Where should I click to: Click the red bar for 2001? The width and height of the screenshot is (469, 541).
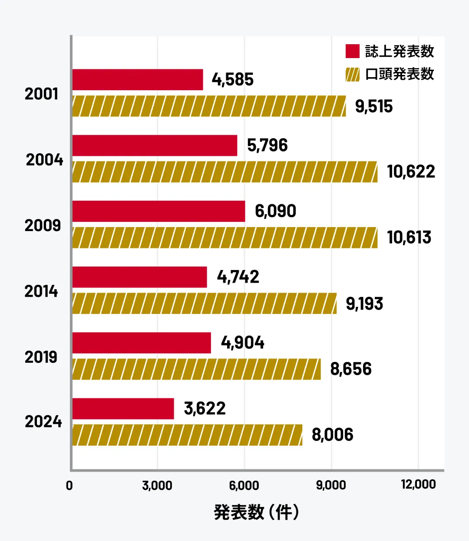(x=138, y=80)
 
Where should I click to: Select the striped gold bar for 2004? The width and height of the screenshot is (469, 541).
(x=225, y=172)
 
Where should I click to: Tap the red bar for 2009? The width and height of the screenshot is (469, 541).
(x=159, y=211)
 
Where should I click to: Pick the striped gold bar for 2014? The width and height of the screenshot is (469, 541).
(x=204, y=303)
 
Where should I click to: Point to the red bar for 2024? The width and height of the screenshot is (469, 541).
(x=123, y=409)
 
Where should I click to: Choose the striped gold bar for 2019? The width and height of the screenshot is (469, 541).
(x=196, y=369)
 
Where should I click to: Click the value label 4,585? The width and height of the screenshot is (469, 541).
(x=233, y=80)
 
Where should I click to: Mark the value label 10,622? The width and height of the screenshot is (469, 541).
(x=411, y=172)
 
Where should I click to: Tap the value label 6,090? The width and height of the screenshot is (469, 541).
(x=275, y=211)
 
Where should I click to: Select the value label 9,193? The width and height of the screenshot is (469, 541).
(x=364, y=303)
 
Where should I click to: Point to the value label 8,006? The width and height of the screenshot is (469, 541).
(x=333, y=435)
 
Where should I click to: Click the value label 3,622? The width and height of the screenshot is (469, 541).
(x=205, y=409)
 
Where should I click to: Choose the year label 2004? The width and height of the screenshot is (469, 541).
(x=44, y=160)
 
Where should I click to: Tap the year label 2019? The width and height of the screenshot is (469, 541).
(x=41, y=357)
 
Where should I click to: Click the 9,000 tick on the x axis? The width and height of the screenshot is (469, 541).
(x=331, y=485)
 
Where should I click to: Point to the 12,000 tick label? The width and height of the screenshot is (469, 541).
(x=418, y=484)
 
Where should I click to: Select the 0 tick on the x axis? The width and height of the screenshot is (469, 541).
(x=69, y=486)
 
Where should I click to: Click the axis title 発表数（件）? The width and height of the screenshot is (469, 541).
(x=256, y=512)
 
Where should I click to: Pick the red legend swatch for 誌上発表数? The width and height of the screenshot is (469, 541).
(x=353, y=51)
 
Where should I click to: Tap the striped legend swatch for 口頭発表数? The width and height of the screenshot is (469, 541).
(x=353, y=75)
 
